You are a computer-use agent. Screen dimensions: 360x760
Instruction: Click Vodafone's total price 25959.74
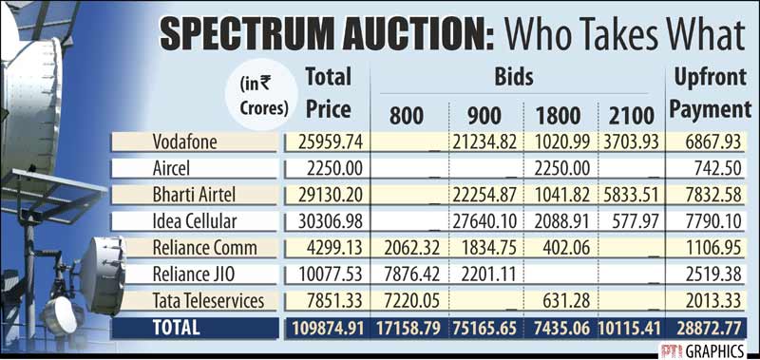[326, 142]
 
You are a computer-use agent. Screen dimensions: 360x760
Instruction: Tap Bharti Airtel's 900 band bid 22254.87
[484, 196]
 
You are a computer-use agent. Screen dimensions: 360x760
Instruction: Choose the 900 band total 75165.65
[484, 329]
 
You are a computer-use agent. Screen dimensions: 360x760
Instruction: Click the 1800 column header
[557, 116]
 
